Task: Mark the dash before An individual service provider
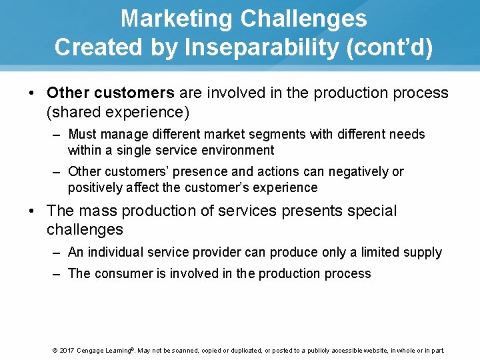57,252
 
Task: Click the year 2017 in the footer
67,350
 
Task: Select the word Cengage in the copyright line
90,350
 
